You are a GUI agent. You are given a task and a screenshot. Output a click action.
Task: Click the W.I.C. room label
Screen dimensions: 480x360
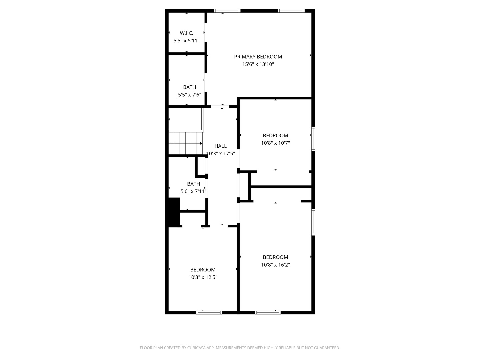[186, 33]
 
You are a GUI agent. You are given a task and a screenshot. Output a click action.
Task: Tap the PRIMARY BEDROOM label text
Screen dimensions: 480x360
[258, 57]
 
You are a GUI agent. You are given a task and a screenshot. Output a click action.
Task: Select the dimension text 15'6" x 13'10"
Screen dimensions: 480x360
[258, 64]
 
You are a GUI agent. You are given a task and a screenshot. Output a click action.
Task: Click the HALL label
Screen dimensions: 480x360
[220, 146]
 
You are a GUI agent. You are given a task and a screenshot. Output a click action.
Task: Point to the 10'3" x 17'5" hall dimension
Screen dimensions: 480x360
[220, 153]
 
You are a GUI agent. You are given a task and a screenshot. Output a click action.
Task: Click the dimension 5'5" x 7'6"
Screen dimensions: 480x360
[189, 95]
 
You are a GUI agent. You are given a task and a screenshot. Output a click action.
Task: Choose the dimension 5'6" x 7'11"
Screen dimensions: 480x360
[193, 191]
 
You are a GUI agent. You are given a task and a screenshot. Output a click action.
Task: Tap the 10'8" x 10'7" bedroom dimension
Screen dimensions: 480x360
[275, 143]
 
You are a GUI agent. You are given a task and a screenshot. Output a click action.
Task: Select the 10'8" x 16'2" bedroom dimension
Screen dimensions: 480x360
[275, 265]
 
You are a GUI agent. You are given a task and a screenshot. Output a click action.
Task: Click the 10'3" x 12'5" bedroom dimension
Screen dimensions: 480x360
[203, 277]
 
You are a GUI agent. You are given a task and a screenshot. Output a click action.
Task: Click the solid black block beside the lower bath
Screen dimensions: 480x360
[174, 212]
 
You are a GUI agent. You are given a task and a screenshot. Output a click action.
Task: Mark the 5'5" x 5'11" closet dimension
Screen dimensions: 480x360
[186, 41]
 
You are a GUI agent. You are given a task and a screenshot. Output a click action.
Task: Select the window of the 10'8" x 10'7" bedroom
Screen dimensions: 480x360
[313, 139]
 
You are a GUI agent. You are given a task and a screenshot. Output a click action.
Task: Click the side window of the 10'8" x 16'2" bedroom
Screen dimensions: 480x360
[313, 222]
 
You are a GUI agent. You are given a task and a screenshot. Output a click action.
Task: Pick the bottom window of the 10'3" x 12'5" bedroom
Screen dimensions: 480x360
[209, 312]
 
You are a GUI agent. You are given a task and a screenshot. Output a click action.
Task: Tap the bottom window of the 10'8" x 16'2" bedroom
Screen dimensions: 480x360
[268, 312]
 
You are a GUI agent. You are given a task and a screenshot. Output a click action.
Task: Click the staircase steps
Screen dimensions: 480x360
[185, 143]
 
